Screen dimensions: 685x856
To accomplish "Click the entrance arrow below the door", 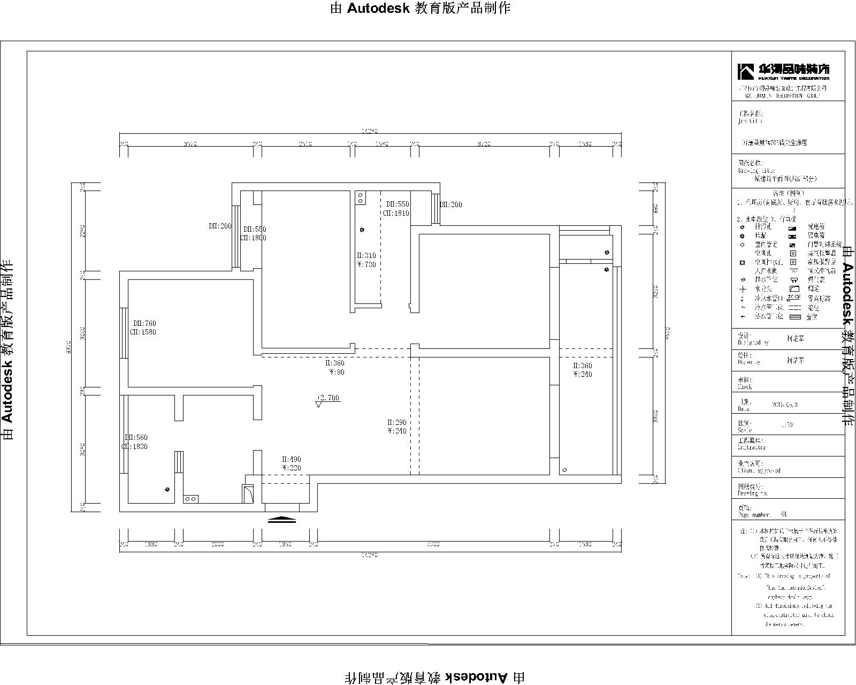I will click(281, 519).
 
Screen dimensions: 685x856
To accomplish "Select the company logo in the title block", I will click(784, 71).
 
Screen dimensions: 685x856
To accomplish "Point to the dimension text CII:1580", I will click(143, 332).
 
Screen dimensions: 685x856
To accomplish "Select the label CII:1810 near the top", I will click(395, 213).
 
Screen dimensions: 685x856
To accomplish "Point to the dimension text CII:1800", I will click(253, 238).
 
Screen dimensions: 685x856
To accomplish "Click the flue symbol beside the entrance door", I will click(248, 493).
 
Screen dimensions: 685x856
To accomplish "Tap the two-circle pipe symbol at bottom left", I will click(190, 499).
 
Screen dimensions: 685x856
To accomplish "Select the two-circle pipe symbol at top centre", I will click(361, 198).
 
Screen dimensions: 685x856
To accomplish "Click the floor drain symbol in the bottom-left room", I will click(167, 489).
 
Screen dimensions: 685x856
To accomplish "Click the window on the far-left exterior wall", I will click(124, 333).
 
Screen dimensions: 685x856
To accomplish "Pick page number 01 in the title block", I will click(784, 514).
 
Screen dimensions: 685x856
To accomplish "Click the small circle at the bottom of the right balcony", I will click(565, 470).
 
